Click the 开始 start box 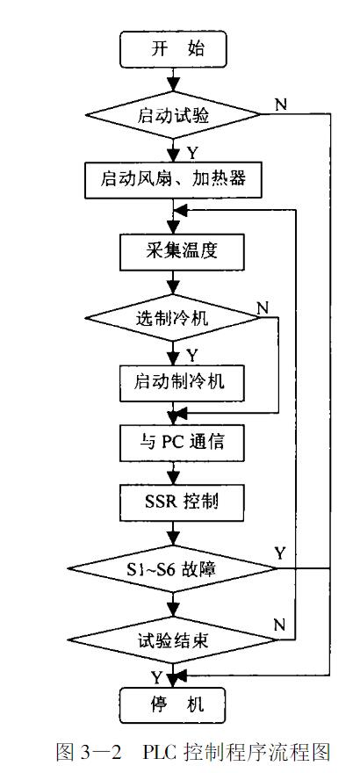[x=172, y=49]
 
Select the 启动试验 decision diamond [x=172, y=115]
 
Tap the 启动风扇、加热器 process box [x=172, y=181]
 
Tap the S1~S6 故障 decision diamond [x=172, y=569]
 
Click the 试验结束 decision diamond [x=172, y=639]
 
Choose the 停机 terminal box [x=172, y=704]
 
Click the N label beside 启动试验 [x=280, y=105]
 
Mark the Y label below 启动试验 [x=191, y=152]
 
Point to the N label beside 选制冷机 [x=261, y=307]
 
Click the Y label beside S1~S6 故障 [x=280, y=553]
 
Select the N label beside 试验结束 [x=280, y=625]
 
